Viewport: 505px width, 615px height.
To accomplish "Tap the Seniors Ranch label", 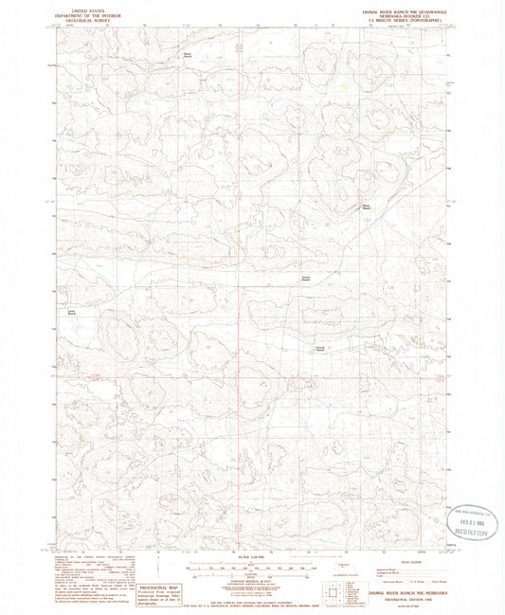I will pyautogui.click(x=305, y=279).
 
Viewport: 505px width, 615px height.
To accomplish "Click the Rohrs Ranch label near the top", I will pyautogui.click(x=187, y=55).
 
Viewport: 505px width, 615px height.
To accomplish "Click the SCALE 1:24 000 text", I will pyautogui.click(x=252, y=555).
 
